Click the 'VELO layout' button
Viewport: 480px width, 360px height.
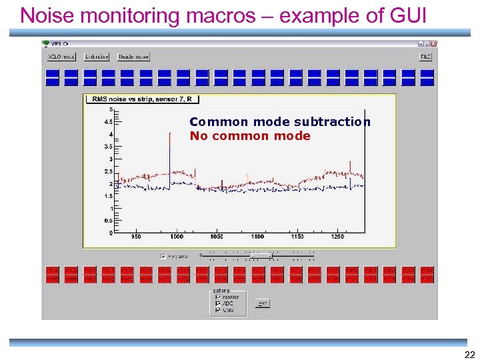pyautogui.click(x=61, y=57)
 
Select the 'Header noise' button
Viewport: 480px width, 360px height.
pyautogui.click(x=133, y=57)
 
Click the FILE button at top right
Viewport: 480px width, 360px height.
pyautogui.click(x=425, y=57)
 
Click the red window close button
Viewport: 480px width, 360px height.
pyautogui.click(x=434, y=44)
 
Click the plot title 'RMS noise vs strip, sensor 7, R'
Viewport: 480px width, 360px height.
pyautogui.click(x=142, y=99)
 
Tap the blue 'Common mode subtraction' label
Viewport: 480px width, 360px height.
pyautogui.click(x=280, y=122)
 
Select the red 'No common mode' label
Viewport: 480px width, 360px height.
pyautogui.click(x=250, y=136)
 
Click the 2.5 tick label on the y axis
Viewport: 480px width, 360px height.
pyautogui.click(x=107, y=172)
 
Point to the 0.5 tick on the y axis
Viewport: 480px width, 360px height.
pyautogui.click(x=107, y=221)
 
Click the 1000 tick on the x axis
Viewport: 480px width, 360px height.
pyautogui.click(x=176, y=237)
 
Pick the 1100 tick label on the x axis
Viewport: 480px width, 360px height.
pyautogui.click(x=257, y=237)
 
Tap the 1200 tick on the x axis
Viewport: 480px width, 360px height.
pyautogui.click(x=339, y=237)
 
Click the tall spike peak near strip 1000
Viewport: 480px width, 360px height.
pyautogui.click(x=168, y=131)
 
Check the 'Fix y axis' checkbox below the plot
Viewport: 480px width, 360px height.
pyautogui.click(x=163, y=256)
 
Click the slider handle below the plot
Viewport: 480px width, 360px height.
pyautogui.click(x=270, y=255)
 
